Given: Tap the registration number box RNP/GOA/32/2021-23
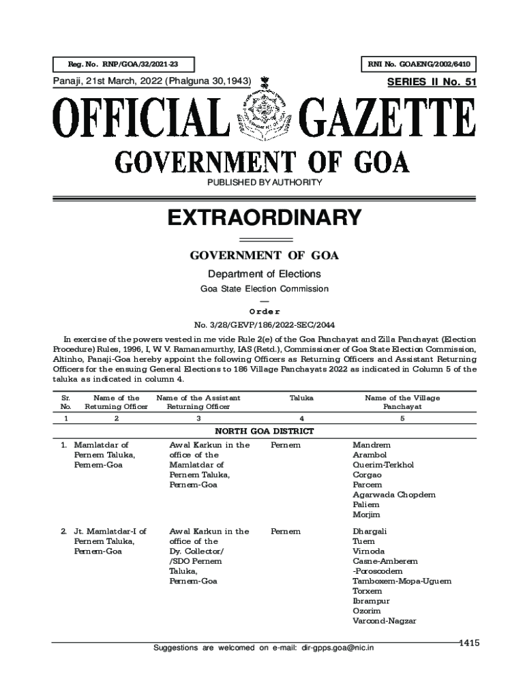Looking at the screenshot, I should [123, 65].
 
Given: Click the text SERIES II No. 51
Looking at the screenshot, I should [431, 82].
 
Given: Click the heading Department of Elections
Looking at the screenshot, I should [264, 274].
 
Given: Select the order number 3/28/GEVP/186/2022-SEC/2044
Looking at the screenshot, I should [264, 324].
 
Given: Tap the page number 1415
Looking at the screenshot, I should [469, 642].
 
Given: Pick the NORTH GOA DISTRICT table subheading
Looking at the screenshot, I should [264, 431].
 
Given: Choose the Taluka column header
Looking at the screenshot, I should [301, 398].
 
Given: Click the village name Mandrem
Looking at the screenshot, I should [369, 445].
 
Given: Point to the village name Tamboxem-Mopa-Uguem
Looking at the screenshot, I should [402, 581].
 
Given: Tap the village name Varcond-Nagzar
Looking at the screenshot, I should [384, 621].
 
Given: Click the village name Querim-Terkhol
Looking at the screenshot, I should [383, 465].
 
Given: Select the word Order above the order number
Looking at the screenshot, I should [264, 312].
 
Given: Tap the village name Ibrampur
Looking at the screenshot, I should [371, 601].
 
